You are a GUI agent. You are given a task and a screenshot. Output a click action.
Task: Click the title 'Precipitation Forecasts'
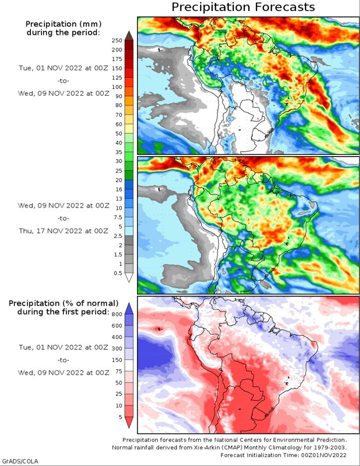click(x=243, y=7)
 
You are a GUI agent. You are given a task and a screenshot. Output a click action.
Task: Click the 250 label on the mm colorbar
click(x=117, y=40)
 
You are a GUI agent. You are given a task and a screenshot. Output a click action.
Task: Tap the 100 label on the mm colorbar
click(x=117, y=87)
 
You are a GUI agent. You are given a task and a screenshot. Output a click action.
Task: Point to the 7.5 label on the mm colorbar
click(x=118, y=217)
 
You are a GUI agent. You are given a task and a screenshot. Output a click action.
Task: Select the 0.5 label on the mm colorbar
click(x=118, y=273)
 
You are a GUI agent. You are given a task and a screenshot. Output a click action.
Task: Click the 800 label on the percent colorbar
click(x=117, y=314)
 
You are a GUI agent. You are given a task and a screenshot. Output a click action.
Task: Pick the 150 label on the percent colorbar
click(x=117, y=360)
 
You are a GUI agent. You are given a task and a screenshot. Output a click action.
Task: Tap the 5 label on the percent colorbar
click(x=120, y=417)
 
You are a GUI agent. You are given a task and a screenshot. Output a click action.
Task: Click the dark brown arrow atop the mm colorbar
click(x=129, y=36)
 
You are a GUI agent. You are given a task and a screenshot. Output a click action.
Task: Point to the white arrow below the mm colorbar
click(x=129, y=277)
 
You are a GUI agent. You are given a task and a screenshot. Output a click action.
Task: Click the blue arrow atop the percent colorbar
click(x=129, y=309)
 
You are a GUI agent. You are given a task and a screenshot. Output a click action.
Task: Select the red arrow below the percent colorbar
click(x=129, y=422)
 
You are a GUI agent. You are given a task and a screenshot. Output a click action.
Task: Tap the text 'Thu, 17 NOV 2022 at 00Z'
click(x=63, y=231)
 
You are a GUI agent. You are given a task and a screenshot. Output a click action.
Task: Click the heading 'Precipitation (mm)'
click(x=63, y=24)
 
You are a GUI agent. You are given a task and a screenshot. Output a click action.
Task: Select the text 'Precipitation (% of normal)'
click(x=63, y=303)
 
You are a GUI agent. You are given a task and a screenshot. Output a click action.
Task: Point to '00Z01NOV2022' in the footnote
click(x=324, y=455)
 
